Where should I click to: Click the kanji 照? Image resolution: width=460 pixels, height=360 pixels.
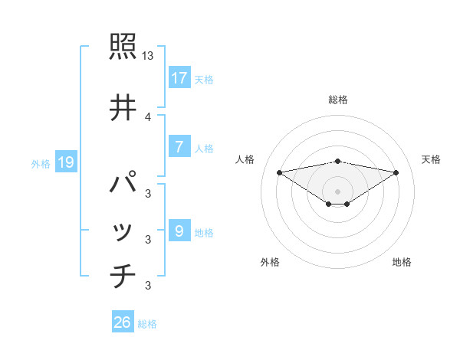[123, 47]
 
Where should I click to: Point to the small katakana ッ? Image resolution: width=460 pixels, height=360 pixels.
[123, 232]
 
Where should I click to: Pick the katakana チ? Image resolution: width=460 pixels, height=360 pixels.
[123, 277]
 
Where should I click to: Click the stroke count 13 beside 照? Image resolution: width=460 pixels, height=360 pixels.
[148, 56]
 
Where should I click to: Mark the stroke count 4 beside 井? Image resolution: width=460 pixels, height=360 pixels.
[148, 116]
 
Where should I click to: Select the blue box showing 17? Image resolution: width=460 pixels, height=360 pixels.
[179, 78]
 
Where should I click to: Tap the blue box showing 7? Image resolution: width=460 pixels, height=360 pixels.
[179, 147]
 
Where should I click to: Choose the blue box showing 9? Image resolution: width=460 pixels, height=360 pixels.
[179, 231]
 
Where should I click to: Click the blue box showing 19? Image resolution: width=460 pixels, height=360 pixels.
[65, 162]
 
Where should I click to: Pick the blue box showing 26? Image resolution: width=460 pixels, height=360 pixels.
[123, 322]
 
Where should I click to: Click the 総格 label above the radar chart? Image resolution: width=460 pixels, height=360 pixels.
[337, 100]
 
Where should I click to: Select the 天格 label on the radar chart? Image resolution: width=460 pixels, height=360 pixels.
[431, 159]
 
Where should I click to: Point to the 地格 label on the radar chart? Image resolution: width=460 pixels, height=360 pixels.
[402, 262]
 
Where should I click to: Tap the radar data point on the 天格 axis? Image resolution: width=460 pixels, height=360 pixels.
[396, 172]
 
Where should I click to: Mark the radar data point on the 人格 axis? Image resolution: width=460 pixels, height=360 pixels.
[279, 172]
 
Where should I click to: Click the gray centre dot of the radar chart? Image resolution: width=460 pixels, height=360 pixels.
[337, 191]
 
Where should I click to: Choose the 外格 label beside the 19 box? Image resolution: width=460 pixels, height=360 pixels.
[40, 163]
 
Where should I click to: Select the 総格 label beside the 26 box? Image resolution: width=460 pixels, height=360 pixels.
[147, 323]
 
